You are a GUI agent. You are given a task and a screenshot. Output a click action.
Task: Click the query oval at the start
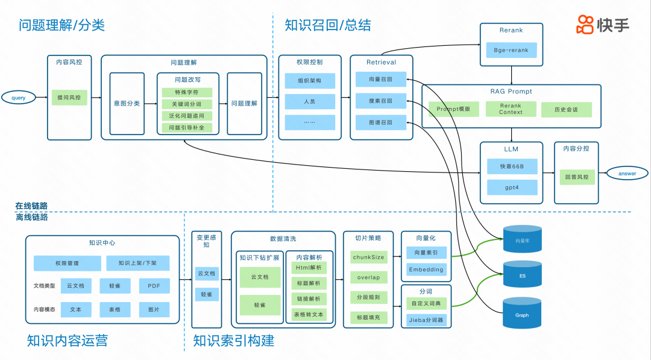pos(18,97)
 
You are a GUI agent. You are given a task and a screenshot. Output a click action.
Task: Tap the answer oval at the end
pos(627,174)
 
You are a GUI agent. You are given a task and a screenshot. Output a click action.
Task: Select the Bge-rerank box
pos(511,50)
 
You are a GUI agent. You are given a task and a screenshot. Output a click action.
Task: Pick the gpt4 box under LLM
pos(511,187)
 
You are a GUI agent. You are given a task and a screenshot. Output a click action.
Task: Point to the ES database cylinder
pos(522,276)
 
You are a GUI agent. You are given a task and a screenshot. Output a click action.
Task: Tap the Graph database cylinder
pos(522,314)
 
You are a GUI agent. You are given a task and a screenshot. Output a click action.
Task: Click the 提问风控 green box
pos(69,97)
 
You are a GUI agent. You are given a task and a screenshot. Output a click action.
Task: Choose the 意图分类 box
pos(127,103)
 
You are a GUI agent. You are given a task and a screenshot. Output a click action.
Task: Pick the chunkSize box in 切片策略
pos(368,257)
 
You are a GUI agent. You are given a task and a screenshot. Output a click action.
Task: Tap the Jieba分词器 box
pos(426,320)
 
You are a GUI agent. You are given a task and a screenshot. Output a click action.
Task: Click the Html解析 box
pos(309,267)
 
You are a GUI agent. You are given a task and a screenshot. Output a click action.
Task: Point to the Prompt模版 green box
pos(453,109)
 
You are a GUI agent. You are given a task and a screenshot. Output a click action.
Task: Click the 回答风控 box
pos(576,177)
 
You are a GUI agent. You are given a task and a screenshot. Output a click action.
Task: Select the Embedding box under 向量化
pos(426,270)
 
